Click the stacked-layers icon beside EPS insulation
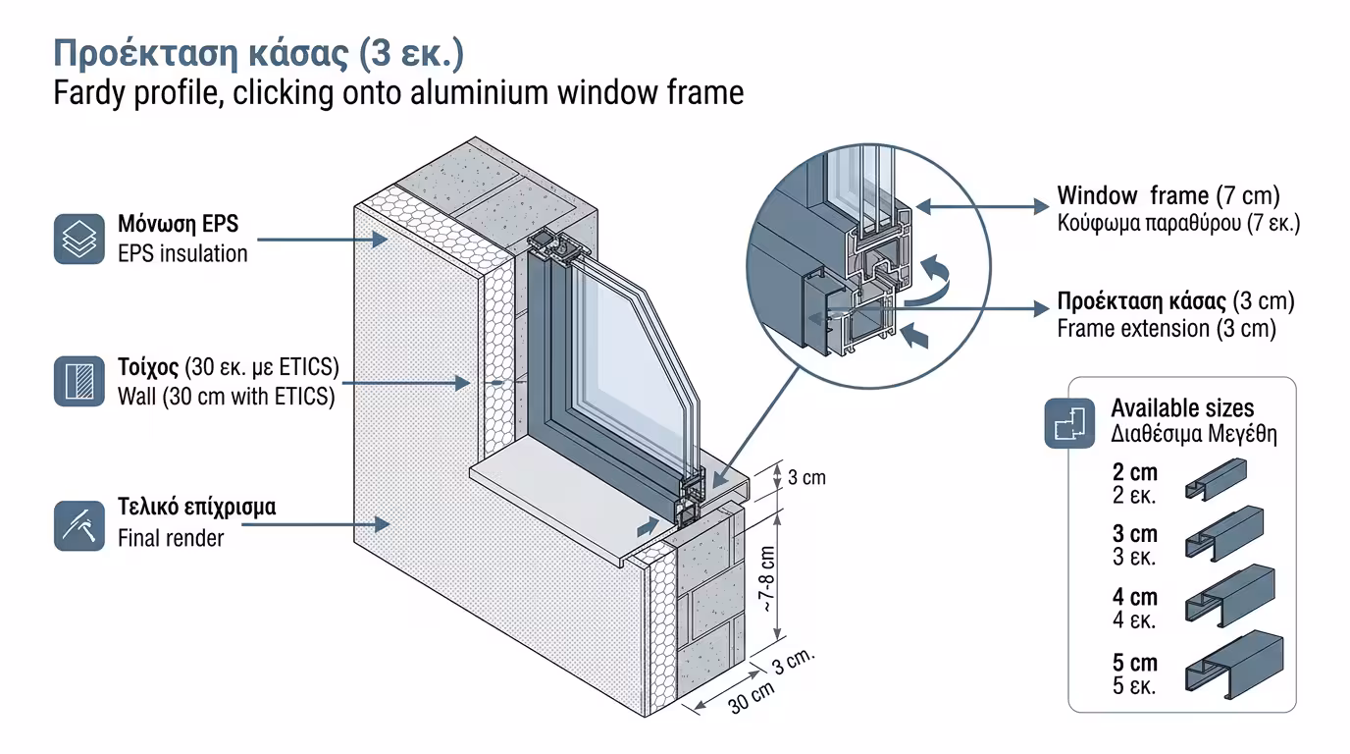click(x=78, y=239)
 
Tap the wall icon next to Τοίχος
click(x=78, y=381)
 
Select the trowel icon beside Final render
click(x=78, y=524)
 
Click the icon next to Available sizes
click(x=1069, y=422)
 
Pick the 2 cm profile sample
click(x=1216, y=478)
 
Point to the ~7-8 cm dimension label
click(x=768, y=579)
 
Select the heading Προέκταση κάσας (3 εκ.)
click(x=258, y=53)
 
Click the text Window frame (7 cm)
click(x=1168, y=195)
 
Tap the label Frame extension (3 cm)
click(x=1166, y=329)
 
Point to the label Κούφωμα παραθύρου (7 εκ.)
click(x=1177, y=223)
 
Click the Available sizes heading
click(x=1181, y=407)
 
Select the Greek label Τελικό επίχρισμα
click(x=196, y=508)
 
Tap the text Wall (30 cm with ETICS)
click(x=226, y=398)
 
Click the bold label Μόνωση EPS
click(x=178, y=224)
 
